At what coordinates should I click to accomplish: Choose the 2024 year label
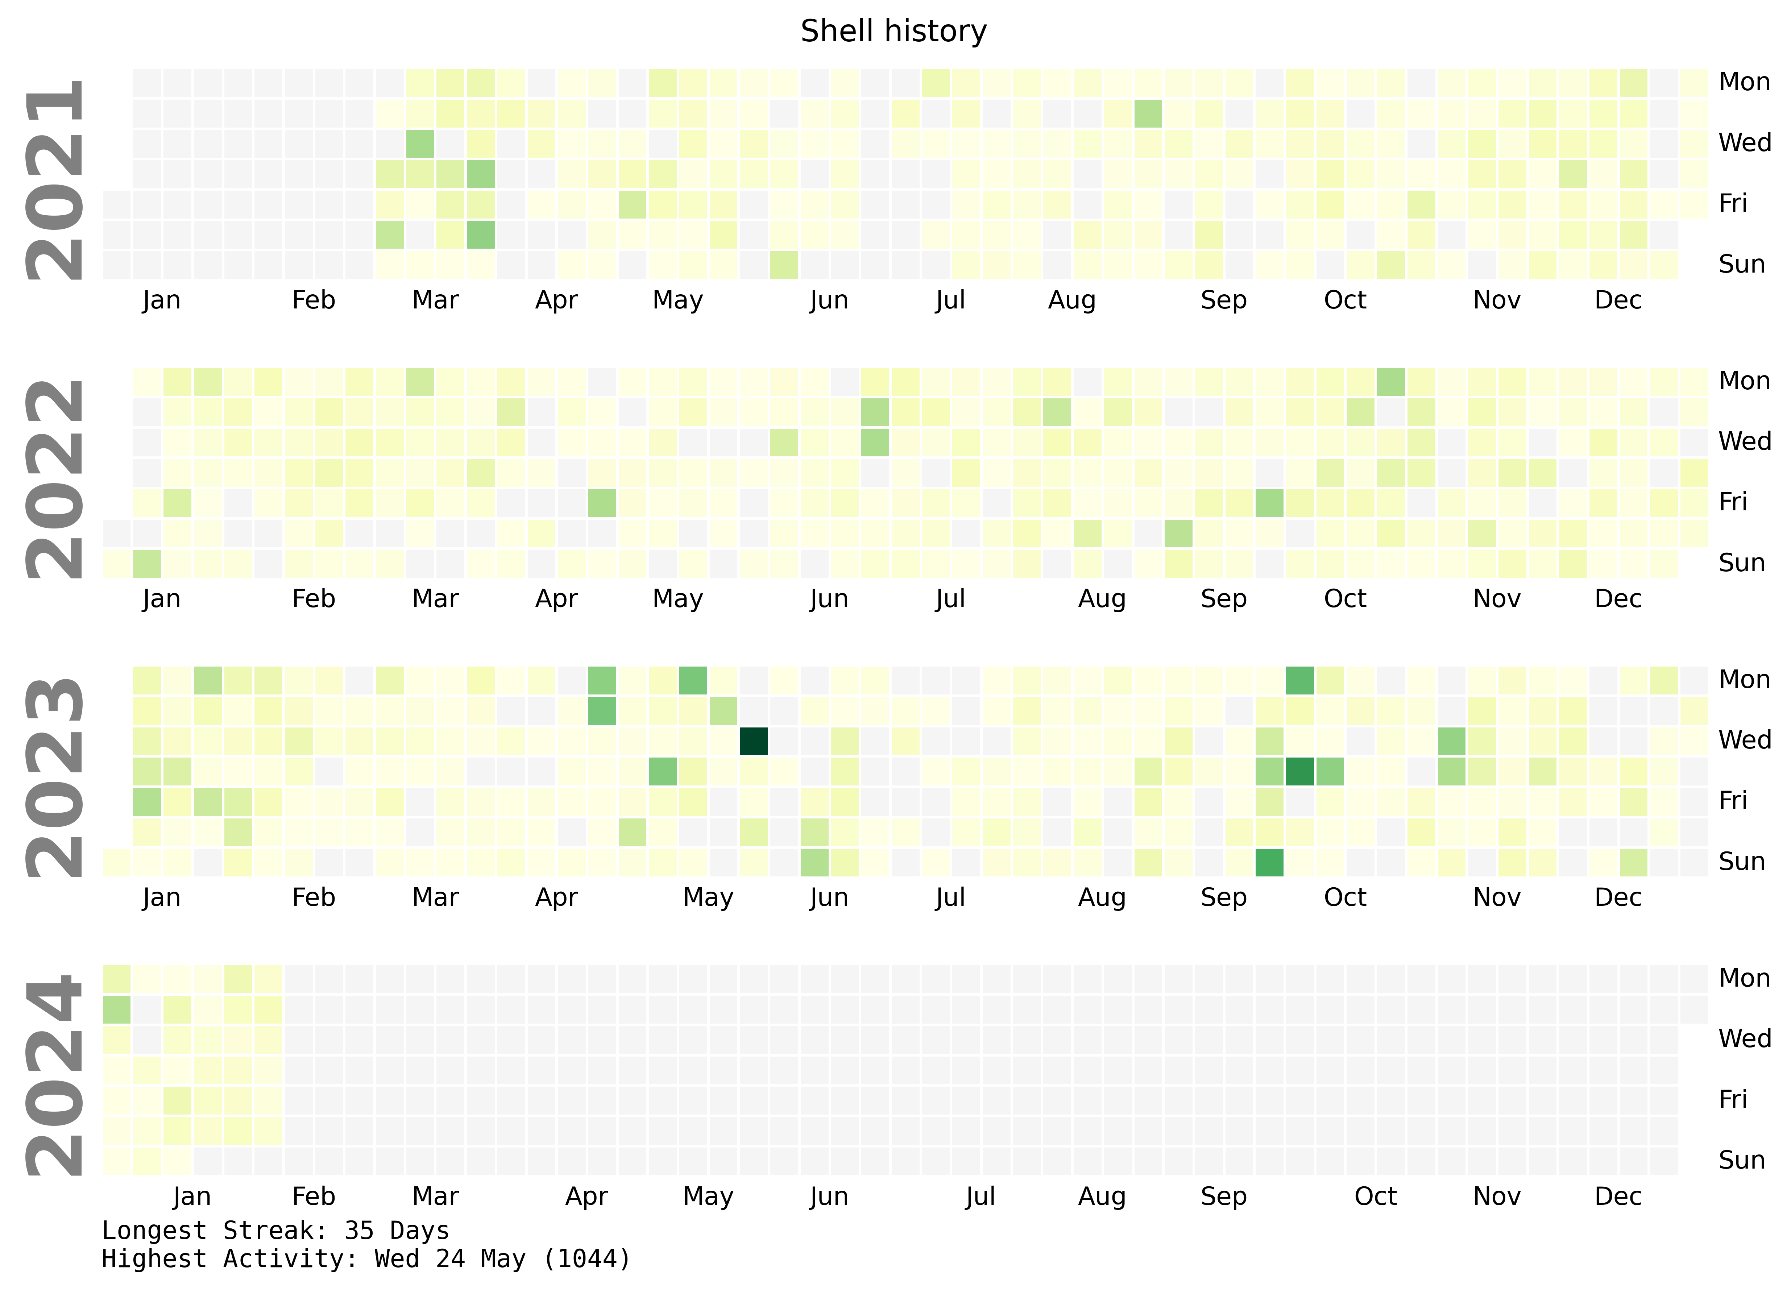click(55, 1075)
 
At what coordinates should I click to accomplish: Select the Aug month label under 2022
click(1102, 599)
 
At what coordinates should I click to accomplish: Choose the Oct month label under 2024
click(1375, 1197)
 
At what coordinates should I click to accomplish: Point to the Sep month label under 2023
click(1223, 897)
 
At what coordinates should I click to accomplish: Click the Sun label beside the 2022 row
click(1741, 563)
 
